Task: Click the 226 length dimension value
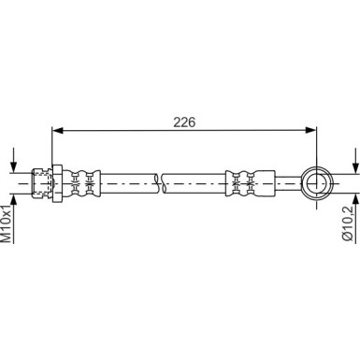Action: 184,122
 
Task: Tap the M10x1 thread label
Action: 7,223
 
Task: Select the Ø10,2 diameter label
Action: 347,223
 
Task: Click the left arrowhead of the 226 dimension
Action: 58,130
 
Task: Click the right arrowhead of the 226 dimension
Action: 310,130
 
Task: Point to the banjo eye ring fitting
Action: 317,183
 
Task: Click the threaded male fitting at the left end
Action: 42,183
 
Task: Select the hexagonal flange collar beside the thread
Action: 57,183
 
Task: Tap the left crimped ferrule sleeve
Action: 81,183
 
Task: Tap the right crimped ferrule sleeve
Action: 250,183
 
